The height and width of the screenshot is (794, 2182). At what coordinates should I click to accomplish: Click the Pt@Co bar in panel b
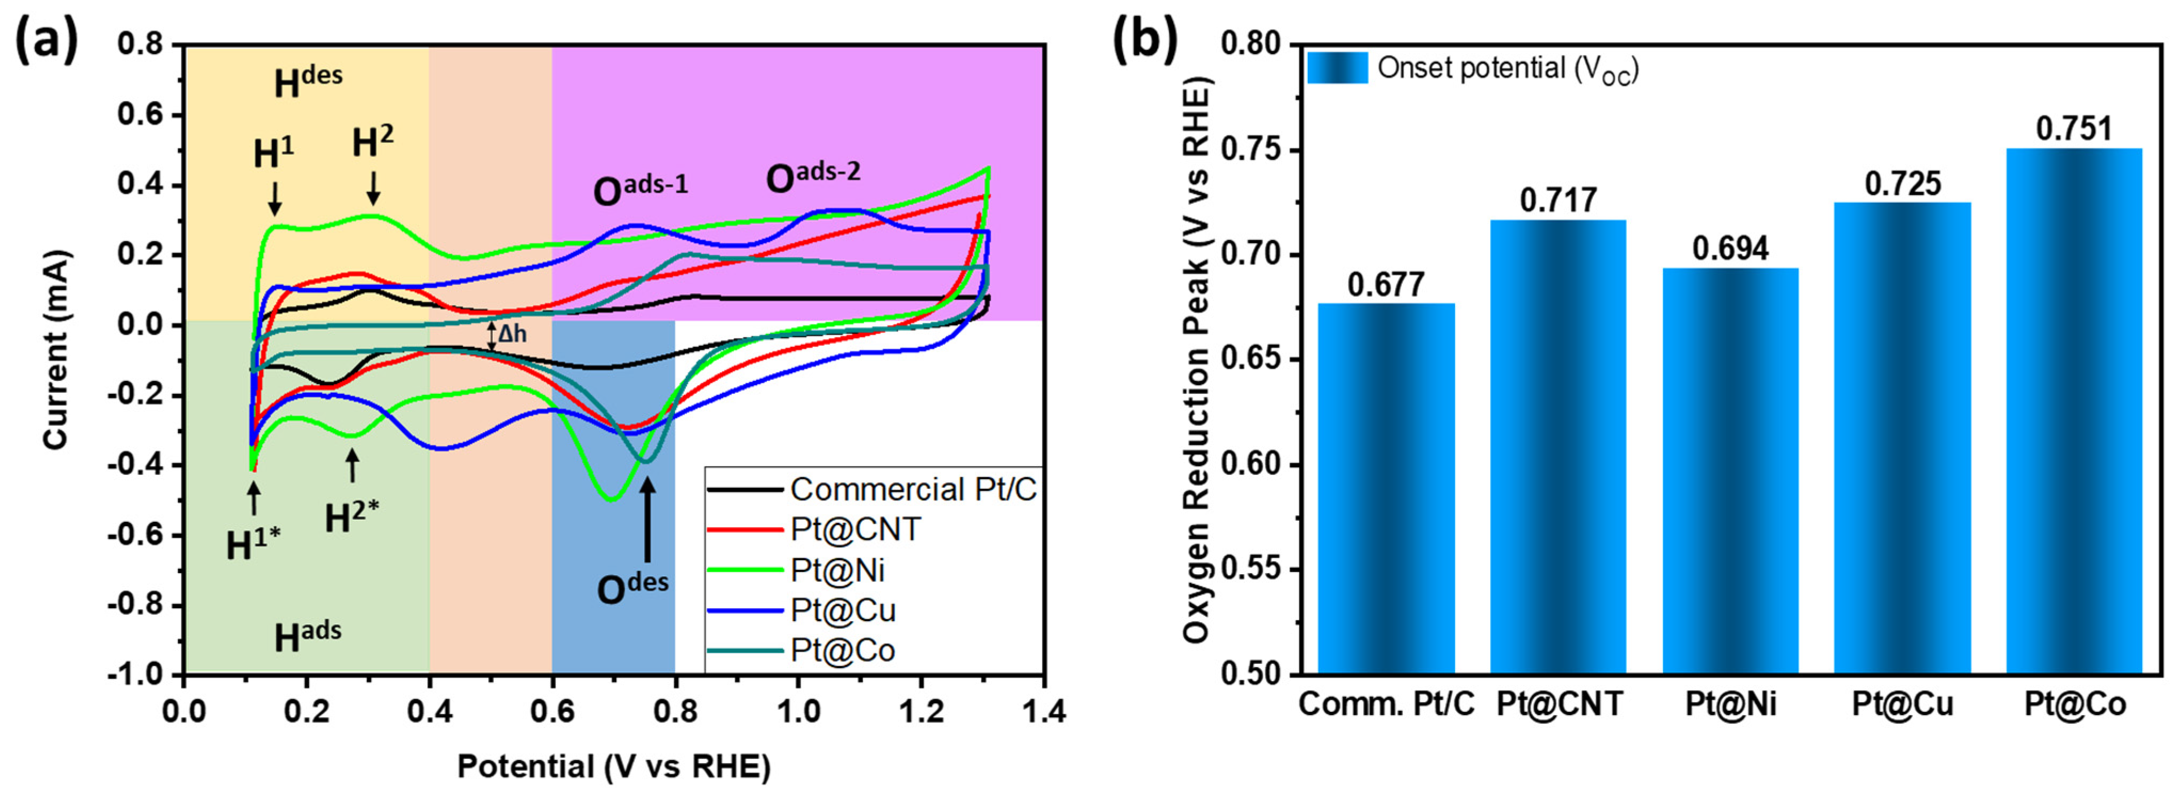2074,411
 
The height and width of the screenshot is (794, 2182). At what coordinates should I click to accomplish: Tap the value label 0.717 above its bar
1558,201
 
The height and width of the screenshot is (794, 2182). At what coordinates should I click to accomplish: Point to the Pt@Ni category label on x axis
1731,705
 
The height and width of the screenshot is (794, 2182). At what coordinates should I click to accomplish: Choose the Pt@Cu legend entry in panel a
843,610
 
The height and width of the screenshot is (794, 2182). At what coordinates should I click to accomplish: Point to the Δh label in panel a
511,334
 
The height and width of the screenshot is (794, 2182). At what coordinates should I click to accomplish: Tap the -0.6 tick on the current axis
140,536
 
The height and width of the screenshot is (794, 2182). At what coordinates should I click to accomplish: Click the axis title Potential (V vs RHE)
614,766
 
